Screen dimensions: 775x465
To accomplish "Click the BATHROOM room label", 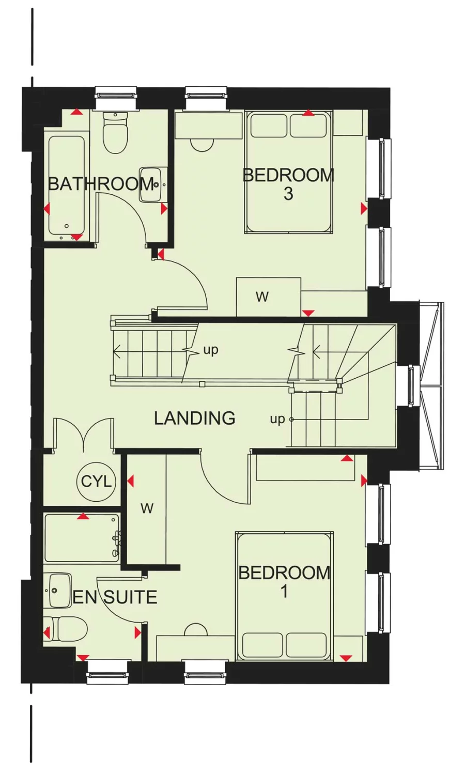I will [x=101, y=183].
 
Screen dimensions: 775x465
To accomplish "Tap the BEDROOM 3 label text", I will [x=288, y=184].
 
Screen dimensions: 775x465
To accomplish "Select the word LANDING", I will [x=195, y=418].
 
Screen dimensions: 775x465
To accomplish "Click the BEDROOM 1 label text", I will [x=284, y=581].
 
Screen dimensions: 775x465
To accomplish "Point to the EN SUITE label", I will [x=115, y=597].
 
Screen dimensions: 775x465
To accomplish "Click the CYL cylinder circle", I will [x=96, y=482].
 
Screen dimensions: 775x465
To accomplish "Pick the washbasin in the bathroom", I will [x=152, y=184].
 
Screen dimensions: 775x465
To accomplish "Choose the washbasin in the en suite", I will [x=60, y=590].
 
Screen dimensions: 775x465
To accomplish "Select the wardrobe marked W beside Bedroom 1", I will [x=147, y=509].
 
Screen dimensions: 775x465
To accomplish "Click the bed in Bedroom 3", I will [x=288, y=172].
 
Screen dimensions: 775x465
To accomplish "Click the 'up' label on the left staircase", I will [x=211, y=350].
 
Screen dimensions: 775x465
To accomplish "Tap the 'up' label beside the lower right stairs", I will [x=277, y=419].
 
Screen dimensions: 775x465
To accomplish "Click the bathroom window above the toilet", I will [x=116, y=96].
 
